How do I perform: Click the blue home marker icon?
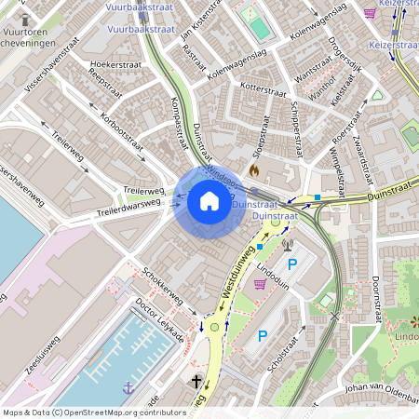[x=209, y=200]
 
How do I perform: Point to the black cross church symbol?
[x=197, y=382]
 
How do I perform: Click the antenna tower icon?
[x=287, y=246]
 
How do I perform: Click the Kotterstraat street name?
[x=264, y=91]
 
